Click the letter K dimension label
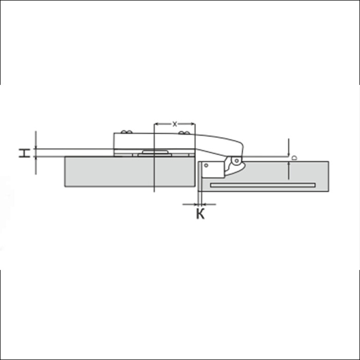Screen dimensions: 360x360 pyautogui.click(x=200, y=214)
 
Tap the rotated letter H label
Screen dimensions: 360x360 pyautogui.click(x=24, y=153)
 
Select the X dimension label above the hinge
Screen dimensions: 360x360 pyautogui.click(x=175, y=124)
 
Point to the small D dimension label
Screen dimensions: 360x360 pyautogui.click(x=294, y=158)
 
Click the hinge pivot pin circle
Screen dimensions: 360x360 pyautogui.click(x=236, y=160)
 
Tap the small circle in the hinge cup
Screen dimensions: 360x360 pyautogui.click(x=206, y=165)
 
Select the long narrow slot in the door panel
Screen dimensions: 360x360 pyautogui.click(x=263, y=185)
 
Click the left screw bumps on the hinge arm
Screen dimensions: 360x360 pyautogui.click(x=127, y=132)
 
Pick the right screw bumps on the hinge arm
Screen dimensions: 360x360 pyautogui.click(x=184, y=133)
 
